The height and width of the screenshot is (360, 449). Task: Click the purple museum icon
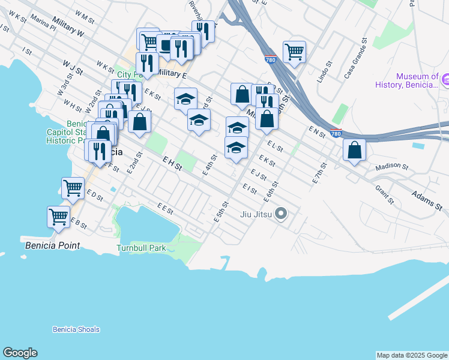coord(445,79)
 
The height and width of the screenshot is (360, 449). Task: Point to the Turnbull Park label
coord(140,247)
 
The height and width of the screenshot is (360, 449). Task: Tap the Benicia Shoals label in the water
coord(76,329)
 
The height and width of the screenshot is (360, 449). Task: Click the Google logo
coord(20,353)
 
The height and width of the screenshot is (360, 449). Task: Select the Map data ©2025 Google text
coord(412,355)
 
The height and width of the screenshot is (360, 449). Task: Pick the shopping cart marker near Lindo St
coord(294,52)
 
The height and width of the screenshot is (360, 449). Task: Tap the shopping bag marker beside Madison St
coord(355,149)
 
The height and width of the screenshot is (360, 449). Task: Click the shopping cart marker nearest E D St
coord(73,188)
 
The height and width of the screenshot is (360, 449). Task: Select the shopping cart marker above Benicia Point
coord(59,216)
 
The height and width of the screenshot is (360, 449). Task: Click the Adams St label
coord(427,201)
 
